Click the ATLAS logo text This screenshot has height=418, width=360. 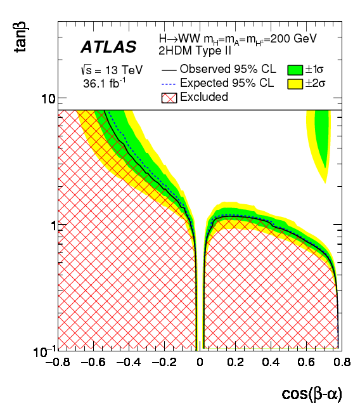[108, 47]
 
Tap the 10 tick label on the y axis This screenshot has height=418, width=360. [49, 99]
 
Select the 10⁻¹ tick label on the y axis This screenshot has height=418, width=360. [46, 349]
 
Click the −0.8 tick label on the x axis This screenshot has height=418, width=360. [58, 363]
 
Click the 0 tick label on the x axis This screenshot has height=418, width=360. [200, 363]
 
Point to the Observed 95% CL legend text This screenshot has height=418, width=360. [228, 69]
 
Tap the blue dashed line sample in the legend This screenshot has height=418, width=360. [169, 83]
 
